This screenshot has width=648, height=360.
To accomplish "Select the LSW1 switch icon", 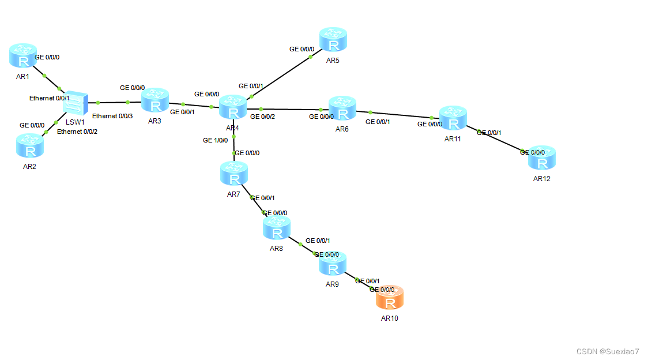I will tap(75, 103).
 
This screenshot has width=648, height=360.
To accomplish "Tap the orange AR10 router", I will tap(390, 299).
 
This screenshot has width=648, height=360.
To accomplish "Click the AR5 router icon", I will tap(334, 40).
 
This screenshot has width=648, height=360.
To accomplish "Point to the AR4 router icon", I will tap(233, 108).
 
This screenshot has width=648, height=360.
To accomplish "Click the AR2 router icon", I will tap(29, 147).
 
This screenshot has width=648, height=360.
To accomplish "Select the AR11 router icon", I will tap(453, 119).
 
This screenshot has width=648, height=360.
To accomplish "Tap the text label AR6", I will tap(342, 129).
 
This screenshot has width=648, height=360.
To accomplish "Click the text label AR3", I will tap(155, 121).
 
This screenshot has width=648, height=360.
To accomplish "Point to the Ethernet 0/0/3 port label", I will tap(112, 116).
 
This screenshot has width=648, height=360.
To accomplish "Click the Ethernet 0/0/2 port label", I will tap(77, 132).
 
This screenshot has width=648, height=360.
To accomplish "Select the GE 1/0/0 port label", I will tap(215, 140).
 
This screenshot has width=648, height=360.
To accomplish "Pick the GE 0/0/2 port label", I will tap(263, 117).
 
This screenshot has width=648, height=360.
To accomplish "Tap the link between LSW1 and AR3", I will tap(114, 103).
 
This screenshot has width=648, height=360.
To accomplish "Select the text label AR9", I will tap(331, 284).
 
